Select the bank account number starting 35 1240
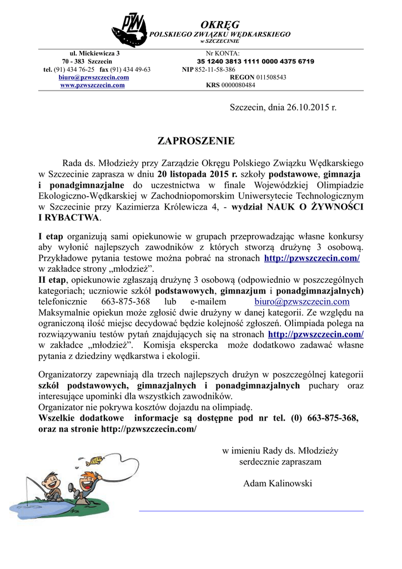[x=255, y=61]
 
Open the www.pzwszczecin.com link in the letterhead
[x=92, y=85]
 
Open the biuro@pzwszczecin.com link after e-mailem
[x=302, y=301]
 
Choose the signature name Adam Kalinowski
[x=278, y=483]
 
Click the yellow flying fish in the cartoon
[x=95, y=460]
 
